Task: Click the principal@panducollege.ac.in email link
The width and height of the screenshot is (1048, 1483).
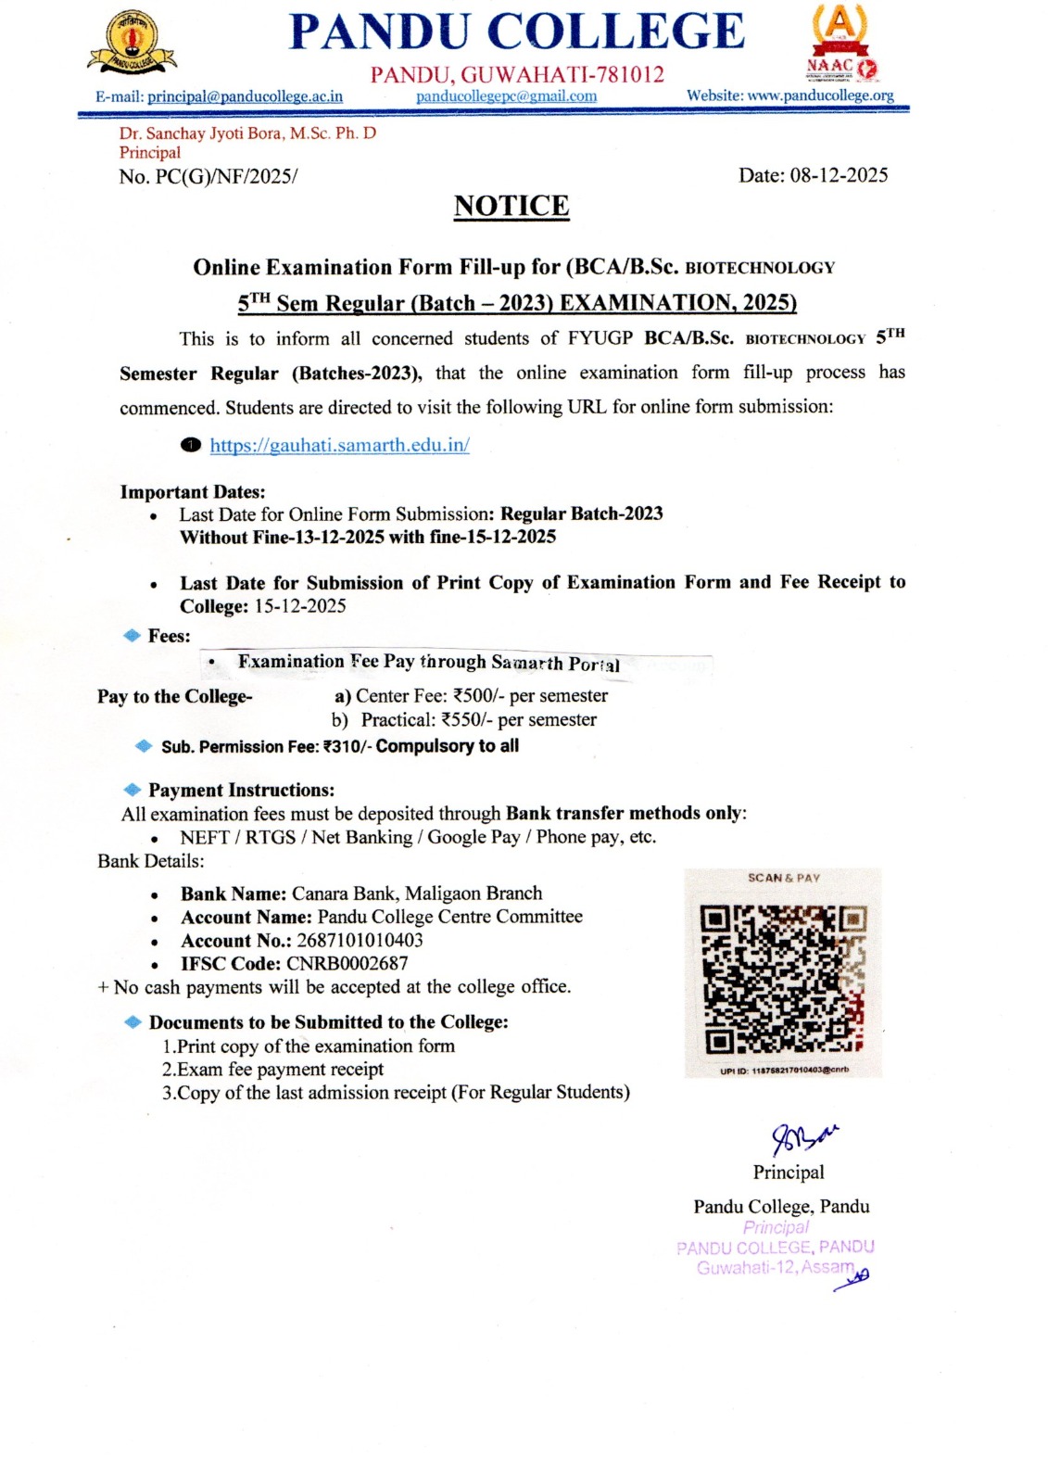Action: click(245, 96)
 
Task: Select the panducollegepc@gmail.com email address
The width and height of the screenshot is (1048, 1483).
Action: click(506, 96)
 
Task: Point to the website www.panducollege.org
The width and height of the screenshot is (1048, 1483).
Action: click(820, 95)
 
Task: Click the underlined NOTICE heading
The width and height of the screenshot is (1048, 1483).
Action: click(511, 206)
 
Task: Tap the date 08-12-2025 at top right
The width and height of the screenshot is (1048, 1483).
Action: click(839, 175)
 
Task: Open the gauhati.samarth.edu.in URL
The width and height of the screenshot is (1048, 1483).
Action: click(339, 445)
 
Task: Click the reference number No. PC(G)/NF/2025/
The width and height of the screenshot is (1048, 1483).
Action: click(208, 176)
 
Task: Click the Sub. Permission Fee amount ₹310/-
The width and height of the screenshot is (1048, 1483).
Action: click(347, 747)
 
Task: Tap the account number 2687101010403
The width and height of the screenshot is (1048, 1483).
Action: click(360, 940)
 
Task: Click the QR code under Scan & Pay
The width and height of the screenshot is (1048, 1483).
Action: click(783, 979)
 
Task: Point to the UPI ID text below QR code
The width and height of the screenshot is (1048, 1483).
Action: click(784, 1071)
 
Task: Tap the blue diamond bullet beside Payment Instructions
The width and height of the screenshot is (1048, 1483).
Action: click(133, 790)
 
